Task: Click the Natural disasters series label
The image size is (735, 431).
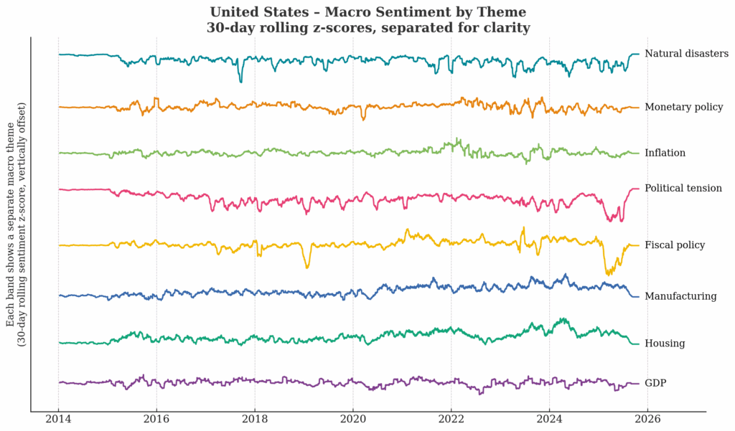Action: pos(686,54)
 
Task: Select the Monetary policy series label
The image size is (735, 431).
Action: pos(683,108)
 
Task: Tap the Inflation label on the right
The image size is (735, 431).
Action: pos(665,153)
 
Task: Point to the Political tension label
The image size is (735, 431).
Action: pos(683,189)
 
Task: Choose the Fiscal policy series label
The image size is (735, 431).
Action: pos(675,245)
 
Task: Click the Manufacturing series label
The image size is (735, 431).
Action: pos(680,296)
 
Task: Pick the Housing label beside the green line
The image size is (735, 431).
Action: pos(665,344)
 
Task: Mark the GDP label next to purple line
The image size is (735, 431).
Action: pos(656,384)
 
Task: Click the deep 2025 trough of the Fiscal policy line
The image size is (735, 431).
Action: pos(609,273)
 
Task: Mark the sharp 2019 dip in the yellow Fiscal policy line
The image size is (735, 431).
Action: pos(307,267)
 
